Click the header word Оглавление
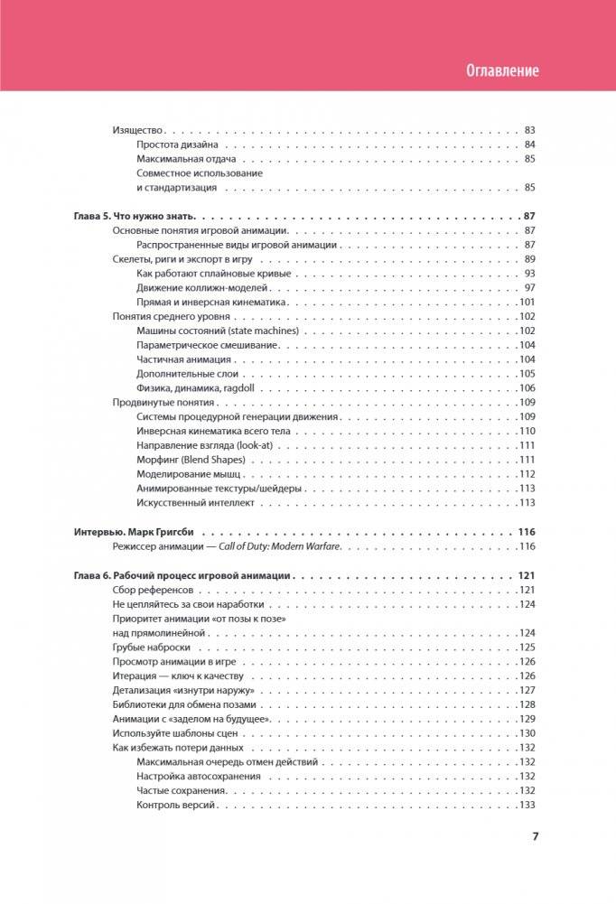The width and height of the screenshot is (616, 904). click(x=503, y=70)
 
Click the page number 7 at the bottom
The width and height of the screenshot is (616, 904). click(x=535, y=835)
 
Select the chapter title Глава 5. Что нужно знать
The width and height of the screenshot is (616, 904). click(x=135, y=217)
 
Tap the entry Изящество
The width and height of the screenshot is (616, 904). click(x=137, y=130)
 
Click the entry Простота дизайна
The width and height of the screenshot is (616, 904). click(x=176, y=144)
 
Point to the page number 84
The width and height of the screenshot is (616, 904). click(x=530, y=144)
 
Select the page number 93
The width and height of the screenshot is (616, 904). click(x=530, y=274)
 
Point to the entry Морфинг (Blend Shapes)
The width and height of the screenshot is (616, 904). click(x=191, y=460)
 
